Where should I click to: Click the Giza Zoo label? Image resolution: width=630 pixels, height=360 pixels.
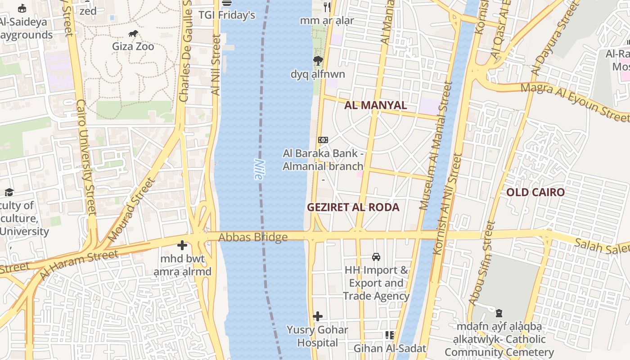click(x=133, y=46)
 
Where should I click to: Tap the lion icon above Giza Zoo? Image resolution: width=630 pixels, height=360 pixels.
click(x=133, y=34)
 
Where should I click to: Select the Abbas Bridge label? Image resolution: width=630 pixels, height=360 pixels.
click(x=253, y=237)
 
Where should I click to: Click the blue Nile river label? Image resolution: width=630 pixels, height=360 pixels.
click(x=258, y=170)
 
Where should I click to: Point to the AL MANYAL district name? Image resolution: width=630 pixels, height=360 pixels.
click(x=375, y=105)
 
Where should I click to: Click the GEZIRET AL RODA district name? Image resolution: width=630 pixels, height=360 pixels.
click(x=353, y=207)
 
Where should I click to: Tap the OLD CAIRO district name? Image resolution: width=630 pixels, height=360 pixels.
click(x=535, y=193)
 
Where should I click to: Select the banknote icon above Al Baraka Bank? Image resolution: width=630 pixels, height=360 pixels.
click(x=323, y=140)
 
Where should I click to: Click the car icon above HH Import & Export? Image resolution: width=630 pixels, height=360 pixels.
click(x=376, y=257)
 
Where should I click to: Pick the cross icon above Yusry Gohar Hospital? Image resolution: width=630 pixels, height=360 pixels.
click(x=318, y=316)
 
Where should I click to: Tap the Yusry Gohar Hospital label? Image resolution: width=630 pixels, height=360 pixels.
click(x=317, y=336)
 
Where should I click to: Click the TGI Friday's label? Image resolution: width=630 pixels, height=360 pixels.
click(x=227, y=15)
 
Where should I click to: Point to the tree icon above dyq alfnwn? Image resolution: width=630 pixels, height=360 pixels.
click(x=318, y=61)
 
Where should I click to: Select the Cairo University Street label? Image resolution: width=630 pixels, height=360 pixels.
click(x=86, y=157)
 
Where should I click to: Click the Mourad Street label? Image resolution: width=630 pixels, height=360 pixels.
click(x=132, y=210)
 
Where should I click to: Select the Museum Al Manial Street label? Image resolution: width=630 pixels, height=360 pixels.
click(x=435, y=146)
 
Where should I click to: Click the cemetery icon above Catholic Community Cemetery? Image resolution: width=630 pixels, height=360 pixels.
click(x=499, y=313)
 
